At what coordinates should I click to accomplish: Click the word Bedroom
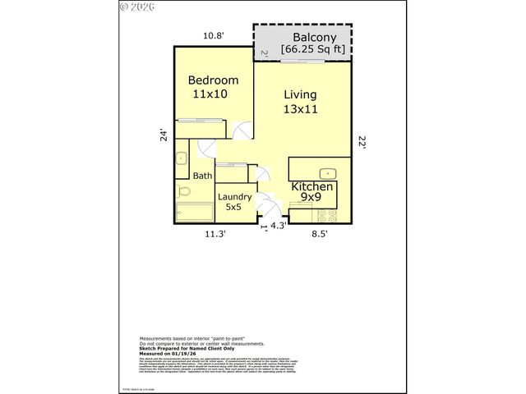tap(213, 80)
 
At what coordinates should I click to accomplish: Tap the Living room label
tap(300, 94)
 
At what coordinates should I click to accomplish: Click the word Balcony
tap(312, 38)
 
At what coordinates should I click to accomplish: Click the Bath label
tap(202, 176)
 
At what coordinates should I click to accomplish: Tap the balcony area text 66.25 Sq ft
tap(312, 50)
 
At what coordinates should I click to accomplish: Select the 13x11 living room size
tap(301, 108)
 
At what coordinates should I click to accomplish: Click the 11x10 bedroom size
tap(210, 94)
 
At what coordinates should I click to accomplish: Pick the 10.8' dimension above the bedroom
tap(215, 36)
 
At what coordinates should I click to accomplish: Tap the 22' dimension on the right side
tap(361, 141)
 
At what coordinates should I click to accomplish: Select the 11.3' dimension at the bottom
tap(215, 234)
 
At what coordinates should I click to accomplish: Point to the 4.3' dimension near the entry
tap(279, 227)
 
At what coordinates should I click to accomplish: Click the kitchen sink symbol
tap(326, 172)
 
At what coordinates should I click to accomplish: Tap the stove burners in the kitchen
tap(327, 217)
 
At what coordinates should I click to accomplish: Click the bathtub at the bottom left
tap(194, 213)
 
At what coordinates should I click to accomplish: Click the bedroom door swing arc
tap(241, 131)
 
